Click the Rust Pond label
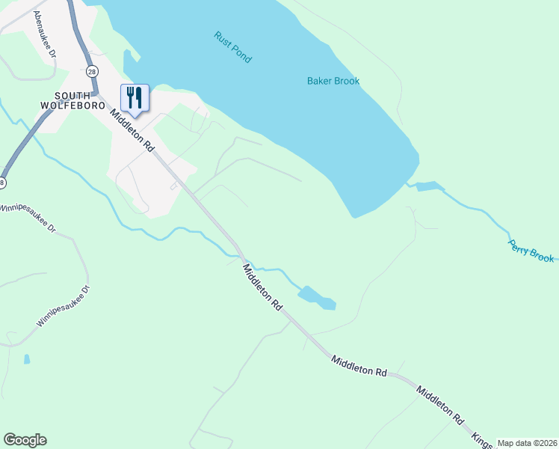tap(232, 46)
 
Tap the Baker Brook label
tap(333, 81)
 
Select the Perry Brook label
tap(531, 251)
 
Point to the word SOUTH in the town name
tap(72, 95)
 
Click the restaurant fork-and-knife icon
tap(135, 97)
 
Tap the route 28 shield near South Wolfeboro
tap(91, 71)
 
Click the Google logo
tap(25, 440)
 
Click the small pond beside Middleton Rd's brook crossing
tap(317, 297)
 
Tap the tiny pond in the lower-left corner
tap(27, 359)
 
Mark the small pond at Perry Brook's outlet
tap(430, 186)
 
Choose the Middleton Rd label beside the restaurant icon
tap(132, 129)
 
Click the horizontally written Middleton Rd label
tap(359, 366)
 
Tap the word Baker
tap(320, 81)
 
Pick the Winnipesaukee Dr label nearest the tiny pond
tap(62, 308)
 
